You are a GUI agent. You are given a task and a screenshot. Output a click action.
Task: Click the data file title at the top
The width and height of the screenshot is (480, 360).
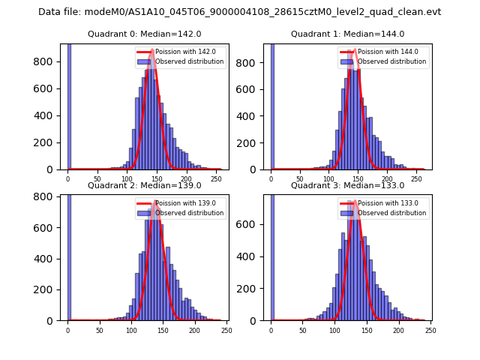pos(240,12)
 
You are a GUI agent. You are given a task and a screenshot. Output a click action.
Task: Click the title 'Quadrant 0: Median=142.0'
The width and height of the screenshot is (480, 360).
pos(144,34)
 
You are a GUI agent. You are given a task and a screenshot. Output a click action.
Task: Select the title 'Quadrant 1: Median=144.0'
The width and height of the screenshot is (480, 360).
pos(347,34)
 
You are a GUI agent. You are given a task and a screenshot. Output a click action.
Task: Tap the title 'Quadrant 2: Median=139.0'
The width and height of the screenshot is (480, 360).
pos(144,185)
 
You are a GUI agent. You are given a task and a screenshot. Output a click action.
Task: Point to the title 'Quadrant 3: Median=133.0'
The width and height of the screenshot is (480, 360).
pos(347,185)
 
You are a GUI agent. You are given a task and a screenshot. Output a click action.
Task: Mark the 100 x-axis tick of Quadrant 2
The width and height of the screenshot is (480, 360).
pos(131,331)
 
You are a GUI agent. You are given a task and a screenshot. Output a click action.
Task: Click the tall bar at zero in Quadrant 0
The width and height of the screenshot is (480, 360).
pos(69,105)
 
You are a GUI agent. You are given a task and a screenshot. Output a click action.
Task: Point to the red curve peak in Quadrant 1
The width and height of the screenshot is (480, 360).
pos(355,51)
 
